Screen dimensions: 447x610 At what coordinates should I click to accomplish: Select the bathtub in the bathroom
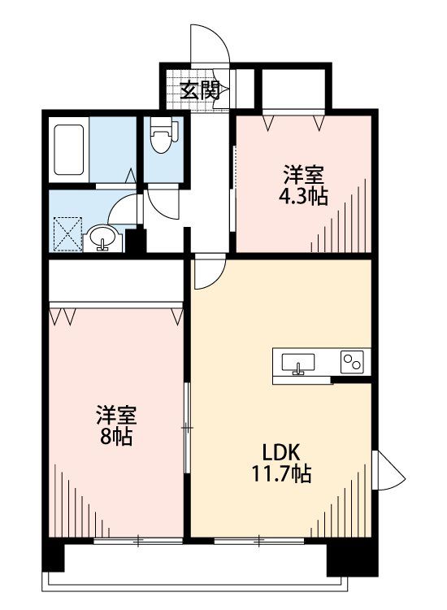(x=69, y=150)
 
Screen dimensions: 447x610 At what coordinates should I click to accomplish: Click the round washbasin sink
(x=102, y=238)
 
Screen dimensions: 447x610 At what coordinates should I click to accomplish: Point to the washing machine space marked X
(x=67, y=233)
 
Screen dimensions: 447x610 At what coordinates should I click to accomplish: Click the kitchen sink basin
(x=298, y=363)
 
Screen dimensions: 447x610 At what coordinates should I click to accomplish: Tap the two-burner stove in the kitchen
(x=352, y=362)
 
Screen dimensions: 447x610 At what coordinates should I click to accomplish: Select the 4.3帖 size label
(x=303, y=197)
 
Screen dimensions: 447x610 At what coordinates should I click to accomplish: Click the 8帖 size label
(x=116, y=437)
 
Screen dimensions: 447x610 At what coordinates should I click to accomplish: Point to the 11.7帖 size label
(x=281, y=474)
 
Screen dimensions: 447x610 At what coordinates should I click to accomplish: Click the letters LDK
(x=281, y=452)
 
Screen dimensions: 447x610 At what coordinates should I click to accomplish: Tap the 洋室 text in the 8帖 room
(x=116, y=415)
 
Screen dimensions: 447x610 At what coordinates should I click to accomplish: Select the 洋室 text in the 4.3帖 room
(x=304, y=175)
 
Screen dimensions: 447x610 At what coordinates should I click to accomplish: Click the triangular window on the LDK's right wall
(x=388, y=471)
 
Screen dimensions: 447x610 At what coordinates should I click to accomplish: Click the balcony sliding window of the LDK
(x=259, y=540)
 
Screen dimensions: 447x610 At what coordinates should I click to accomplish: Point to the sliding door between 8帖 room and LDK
(x=187, y=428)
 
